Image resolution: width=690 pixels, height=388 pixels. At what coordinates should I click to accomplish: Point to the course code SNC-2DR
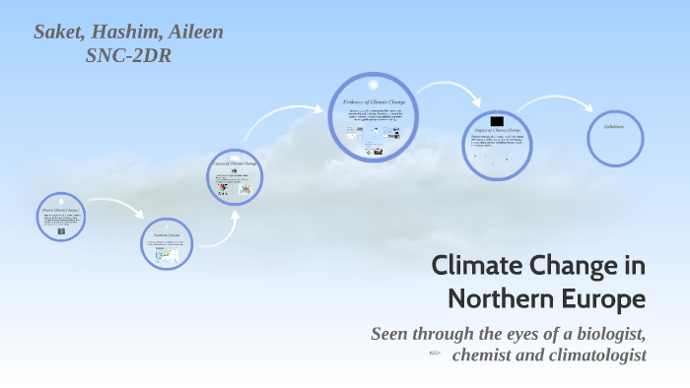pos(129,55)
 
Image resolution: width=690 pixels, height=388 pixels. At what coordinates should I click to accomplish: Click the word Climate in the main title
pos(475,266)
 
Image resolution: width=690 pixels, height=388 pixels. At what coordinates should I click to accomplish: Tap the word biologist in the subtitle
pos(599,333)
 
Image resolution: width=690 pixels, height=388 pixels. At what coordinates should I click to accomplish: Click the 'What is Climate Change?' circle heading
pos(61,211)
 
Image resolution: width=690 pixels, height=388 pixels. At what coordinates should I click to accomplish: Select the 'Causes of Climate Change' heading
pos(235,163)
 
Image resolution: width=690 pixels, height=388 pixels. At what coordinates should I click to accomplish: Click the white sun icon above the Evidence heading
pos(373,86)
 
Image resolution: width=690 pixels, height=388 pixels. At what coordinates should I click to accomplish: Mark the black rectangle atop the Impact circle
pos(497,120)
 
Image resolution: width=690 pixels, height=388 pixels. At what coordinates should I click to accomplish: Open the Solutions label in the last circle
pos(614,127)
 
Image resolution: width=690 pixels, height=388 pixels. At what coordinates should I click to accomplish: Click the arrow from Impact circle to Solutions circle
pos(557,104)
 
